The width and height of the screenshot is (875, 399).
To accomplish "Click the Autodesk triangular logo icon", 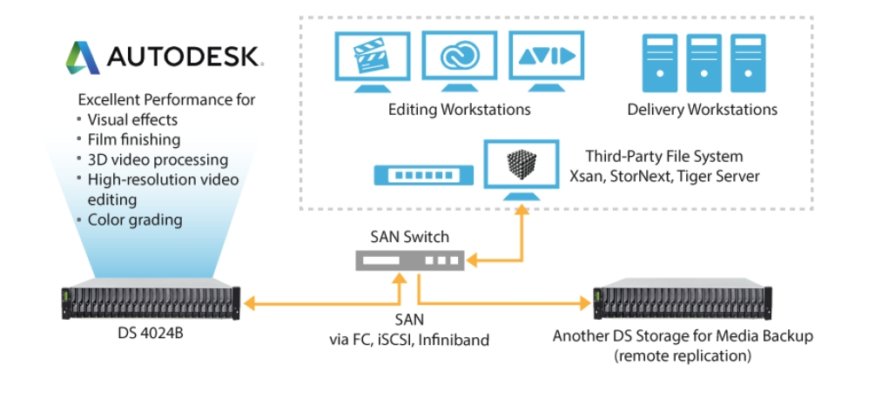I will coord(83,57).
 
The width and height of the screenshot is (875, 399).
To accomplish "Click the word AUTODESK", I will coord(183,57).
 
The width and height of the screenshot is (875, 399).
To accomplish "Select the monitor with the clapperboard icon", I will coord(372,62).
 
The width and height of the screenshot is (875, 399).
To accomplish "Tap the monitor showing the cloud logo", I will coord(459,59).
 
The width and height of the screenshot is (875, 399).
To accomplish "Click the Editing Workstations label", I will coord(459,110).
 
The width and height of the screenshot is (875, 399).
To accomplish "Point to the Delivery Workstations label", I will coord(702,110).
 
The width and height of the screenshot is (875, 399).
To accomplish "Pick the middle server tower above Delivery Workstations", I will coord(702,63).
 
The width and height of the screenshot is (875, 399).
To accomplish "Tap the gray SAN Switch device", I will coord(409,260).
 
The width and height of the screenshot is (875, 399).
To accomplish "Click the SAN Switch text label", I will coord(408,235).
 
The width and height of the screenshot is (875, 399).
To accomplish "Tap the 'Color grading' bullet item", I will coord(135,220).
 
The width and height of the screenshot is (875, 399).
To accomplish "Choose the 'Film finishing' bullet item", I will coord(134,139).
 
